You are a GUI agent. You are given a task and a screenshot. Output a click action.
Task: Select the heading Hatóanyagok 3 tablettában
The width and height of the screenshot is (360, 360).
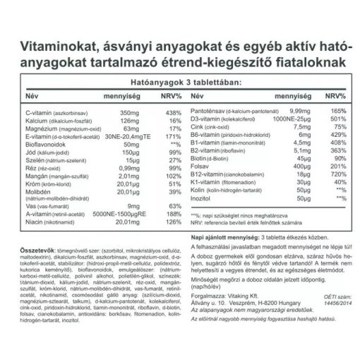[x=180, y=82]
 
